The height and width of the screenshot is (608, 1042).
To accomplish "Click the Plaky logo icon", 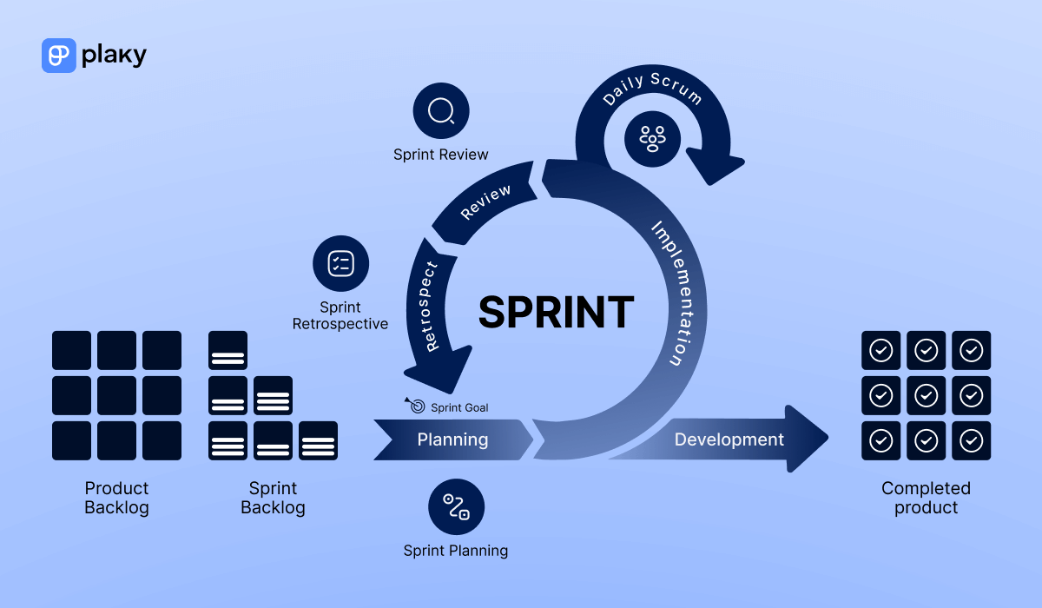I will click(59, 55).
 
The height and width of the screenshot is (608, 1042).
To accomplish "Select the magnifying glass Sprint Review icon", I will click(441, 111).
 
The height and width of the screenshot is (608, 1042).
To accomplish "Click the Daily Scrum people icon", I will click(652, 137).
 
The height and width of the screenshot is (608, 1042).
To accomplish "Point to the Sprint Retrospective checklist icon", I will click(340, 263).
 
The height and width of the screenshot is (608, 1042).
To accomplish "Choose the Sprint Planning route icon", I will click(456, 507).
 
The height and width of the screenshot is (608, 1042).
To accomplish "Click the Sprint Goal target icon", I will click(416, 406).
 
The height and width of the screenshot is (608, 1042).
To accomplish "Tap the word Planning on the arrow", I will click(452, 439).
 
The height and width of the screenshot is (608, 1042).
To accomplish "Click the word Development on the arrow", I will click(729, 439).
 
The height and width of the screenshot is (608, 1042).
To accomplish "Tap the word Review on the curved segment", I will click(485, 202).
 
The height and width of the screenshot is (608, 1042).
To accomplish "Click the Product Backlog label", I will click(116, 498).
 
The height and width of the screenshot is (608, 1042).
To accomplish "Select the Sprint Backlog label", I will click(273, 498).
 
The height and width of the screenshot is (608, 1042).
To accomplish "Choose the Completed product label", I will click(926, 498).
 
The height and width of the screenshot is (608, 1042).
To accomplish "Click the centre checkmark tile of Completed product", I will click(926, 395).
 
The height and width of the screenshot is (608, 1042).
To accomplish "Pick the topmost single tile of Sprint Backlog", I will click(228, 350).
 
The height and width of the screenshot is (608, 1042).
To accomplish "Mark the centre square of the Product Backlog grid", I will click(116, 395).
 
